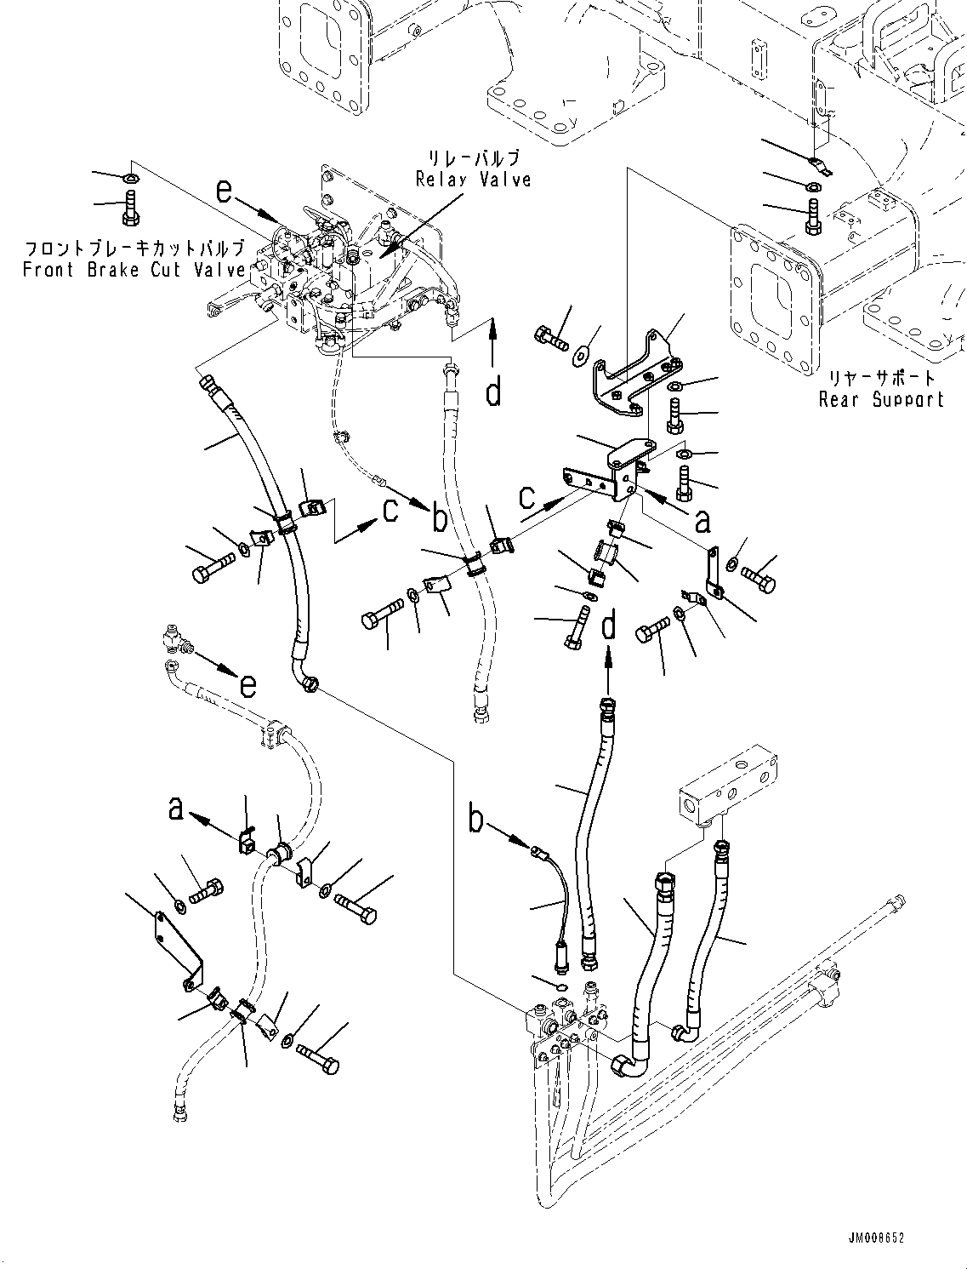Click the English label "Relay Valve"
pyautogui.click(x=473, y=180)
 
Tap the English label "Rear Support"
pyautogui.click(x=881, y=399)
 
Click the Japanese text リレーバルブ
pyautogui.click(x=474, y=159)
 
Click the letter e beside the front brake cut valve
pyautogui.click(x=224, y=191)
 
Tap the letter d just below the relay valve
pyautogui.click(x=493, y=392)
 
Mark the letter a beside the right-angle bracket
pyautogui.click(x=702, y=521)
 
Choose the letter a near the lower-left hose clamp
pyautogui.click(x=175, y=807)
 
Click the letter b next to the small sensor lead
pyautogui.click(x=477, y=820)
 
